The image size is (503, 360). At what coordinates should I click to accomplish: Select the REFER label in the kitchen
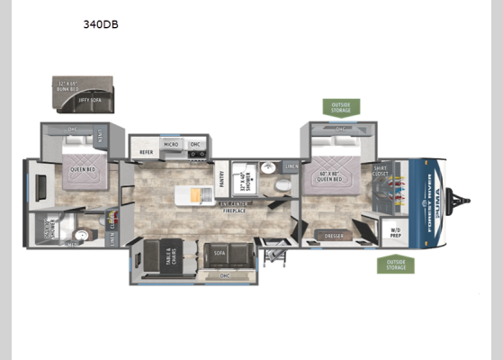click(x=146, y=153)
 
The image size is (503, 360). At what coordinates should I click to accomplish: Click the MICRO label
click(x=171, y=143)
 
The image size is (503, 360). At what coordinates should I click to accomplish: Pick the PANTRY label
click(x=220, y=179)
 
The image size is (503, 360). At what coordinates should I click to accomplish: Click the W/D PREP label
click(x=395, y=231)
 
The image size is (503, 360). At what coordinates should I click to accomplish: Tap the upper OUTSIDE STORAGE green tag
click(x=341, y=107)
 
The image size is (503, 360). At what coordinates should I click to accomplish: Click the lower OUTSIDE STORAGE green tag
click(x=395, y=264)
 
